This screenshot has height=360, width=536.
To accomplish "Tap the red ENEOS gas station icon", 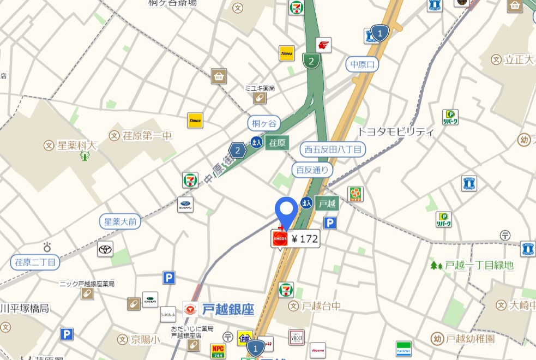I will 279,238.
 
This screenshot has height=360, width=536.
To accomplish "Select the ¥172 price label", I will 304,238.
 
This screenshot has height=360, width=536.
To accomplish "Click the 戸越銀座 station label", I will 228,309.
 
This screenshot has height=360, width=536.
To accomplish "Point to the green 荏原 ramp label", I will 276,143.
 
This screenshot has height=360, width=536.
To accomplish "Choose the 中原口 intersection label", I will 363,64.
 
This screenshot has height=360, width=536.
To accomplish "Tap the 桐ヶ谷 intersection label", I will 264,123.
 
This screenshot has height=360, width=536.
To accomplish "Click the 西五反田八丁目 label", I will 333,149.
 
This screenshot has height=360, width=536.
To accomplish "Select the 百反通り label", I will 312,170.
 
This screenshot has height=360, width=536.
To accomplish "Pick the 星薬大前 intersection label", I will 121,221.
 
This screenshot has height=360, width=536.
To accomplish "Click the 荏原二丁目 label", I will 35,262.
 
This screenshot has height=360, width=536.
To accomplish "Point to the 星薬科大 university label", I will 76,145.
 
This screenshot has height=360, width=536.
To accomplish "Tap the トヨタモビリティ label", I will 395,131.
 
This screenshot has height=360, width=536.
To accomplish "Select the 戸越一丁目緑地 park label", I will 479,265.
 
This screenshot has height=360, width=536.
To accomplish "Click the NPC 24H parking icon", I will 218,351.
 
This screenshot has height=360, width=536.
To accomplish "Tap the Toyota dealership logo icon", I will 105,249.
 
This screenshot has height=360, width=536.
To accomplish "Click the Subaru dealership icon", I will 185,205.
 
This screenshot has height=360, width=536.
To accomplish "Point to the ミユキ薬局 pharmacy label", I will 259,88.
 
